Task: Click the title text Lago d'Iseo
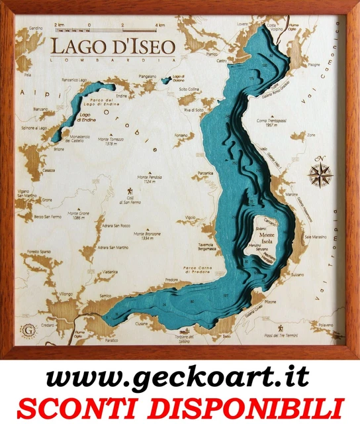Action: click(x=112, y=46)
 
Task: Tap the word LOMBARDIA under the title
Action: click(x=113, y=60)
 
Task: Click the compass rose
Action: click(x=320, y=174)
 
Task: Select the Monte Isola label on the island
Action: click(x=269, y=237)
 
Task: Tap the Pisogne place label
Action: click(x=313, y=64)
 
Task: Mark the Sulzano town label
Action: click(x=297, y=274)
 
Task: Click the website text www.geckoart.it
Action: click(x=179, y=378)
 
